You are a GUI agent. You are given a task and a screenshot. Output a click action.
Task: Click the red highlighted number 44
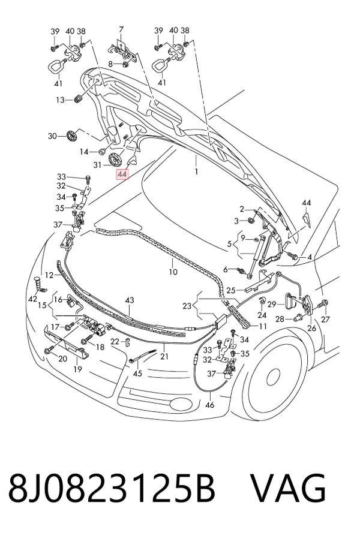click(122, 174)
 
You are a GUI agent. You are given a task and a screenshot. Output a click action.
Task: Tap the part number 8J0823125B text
click(112, 488)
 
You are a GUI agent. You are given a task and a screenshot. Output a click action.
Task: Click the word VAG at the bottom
click(289, 488)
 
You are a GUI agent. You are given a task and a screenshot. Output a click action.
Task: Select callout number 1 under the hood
click(196, 171)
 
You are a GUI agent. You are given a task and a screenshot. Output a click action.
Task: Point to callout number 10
click(173, 272)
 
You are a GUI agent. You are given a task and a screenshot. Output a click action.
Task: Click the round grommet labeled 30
click(72, 136)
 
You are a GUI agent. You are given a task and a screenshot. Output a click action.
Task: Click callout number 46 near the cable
click(210, 405)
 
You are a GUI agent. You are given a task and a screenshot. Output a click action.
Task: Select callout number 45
click(138, 374)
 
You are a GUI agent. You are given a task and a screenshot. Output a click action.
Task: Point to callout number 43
click(130, 300)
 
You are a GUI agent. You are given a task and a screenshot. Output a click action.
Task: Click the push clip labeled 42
click(39, 285)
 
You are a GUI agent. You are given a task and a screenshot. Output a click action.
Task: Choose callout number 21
click(164, 356)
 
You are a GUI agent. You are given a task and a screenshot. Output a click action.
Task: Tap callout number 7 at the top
click(121, 29)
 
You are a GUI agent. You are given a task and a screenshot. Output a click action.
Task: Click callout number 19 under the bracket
click(77, 369)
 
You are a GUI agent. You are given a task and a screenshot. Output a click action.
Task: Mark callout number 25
click(231, 290)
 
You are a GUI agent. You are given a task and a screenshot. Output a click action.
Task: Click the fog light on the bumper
click(181, 403)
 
